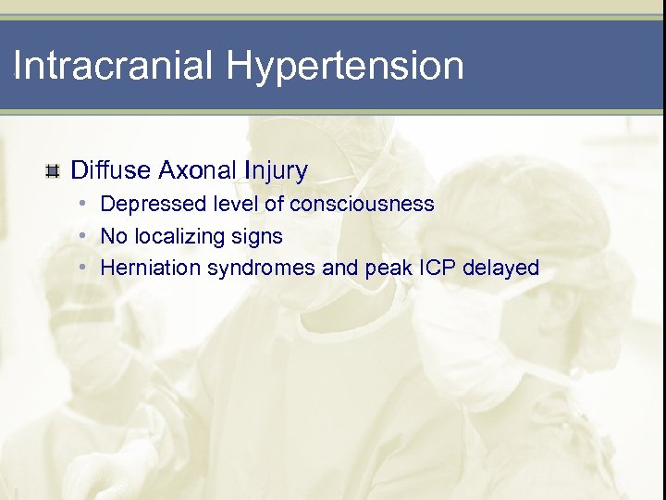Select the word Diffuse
pyautogui.click(x=111, y=170)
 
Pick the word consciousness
pyautogui.click(x=362, y=204)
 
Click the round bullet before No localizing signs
pyautogui.click(x=83, y=236)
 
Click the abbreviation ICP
pyautogui.click(x=435, y=269)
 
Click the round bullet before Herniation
pyautogui.click(x=83, y=268)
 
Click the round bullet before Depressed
pyautogui.click(x=83, y=203)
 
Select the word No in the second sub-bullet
pyautogui.click(x=114, y=236)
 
